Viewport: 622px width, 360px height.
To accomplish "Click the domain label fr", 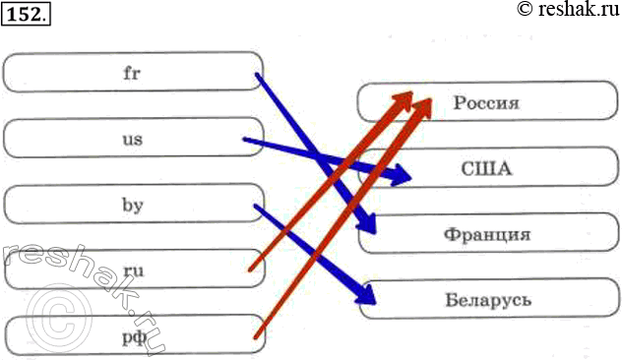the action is coord(132,73).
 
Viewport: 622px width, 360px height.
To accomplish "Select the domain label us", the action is coord(133,139).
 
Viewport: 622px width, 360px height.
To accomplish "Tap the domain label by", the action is coord(133,206).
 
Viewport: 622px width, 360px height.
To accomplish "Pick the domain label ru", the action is coord(133,270).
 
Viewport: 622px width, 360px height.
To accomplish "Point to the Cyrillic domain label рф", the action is coord(135,337).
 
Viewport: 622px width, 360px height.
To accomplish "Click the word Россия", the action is coord(486,102).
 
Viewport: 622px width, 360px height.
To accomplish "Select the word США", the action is coord(486,169).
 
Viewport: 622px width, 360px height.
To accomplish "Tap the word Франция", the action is coord(487,234).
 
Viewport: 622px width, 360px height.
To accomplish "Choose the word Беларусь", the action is coord(488,300).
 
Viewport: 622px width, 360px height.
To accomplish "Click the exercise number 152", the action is coord(27,15).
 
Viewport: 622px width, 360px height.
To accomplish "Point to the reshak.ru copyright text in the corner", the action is coord(569,9).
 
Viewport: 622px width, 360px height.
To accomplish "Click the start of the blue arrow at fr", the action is coord(258,74).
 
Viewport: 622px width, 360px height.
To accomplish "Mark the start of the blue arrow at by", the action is coord(256,206).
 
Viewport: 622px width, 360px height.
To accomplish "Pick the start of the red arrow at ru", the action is coord(250,270).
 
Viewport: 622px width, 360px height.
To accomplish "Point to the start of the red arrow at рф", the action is coord(256,337).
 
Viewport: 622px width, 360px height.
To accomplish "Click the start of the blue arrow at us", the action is coord(245,139).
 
